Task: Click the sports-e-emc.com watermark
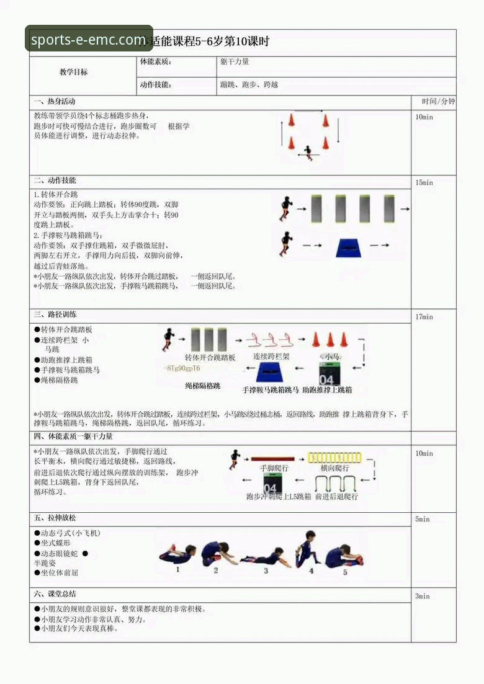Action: pyautogui.click(x=89, y=40)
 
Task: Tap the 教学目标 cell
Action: pyautogui.click(x=73, y=72)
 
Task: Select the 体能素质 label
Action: pyautogui.click(x=156, y=62)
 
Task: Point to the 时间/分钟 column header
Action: pyautogui.click(x=438, y=101)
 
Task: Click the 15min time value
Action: pyautogui.click(x=424, y=183)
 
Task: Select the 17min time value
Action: pyautogui.click(x=424, y=317)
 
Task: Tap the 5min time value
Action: pyautogui.click(x=422, y=519)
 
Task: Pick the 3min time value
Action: pyautogui.click(x=422, y=596)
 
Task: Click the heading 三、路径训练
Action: pyautogui.click(x=55, y=315)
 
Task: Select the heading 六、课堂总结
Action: pyautogui.click(x=55, y=594)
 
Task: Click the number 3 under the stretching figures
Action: pyautogui.click(x=266, y=571)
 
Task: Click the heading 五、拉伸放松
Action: pyautogui.click(x=55, y=518)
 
